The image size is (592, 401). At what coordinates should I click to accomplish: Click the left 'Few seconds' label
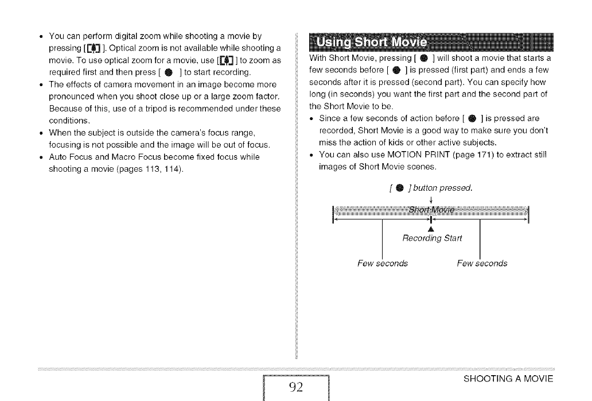coord(383,264)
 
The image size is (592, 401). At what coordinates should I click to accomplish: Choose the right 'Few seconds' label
coord(482,264)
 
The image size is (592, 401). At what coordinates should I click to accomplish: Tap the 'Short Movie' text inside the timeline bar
coord(431,209)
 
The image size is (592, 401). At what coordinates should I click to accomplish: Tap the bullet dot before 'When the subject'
coord(41,133)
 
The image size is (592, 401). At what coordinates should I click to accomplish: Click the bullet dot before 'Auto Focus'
coord(41,157)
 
